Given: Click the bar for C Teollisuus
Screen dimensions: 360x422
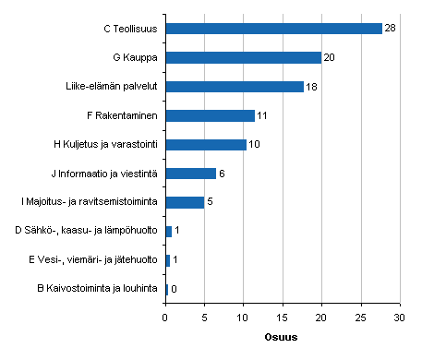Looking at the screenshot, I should point(273,29).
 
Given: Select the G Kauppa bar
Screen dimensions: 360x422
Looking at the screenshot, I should point(243,57).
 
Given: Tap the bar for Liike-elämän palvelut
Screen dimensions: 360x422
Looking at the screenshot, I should point(235,87).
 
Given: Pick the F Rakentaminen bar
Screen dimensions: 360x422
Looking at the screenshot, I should point(210,115).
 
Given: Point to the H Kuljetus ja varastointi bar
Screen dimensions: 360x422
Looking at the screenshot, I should point(206,145).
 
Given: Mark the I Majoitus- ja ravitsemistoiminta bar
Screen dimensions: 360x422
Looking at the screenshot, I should point(185,202).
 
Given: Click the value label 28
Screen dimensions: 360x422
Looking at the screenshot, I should point(390,29).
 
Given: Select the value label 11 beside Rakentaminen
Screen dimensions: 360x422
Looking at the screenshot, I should point(262,115).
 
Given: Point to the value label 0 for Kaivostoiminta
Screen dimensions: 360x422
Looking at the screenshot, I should point(174,289).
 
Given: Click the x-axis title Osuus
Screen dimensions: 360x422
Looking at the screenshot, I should point(283,336).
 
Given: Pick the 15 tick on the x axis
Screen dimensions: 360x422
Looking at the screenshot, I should point(283,318).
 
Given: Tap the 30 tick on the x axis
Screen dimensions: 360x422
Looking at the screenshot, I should point(400,318).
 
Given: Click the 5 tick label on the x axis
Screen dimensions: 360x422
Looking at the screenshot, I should point(204,318).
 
